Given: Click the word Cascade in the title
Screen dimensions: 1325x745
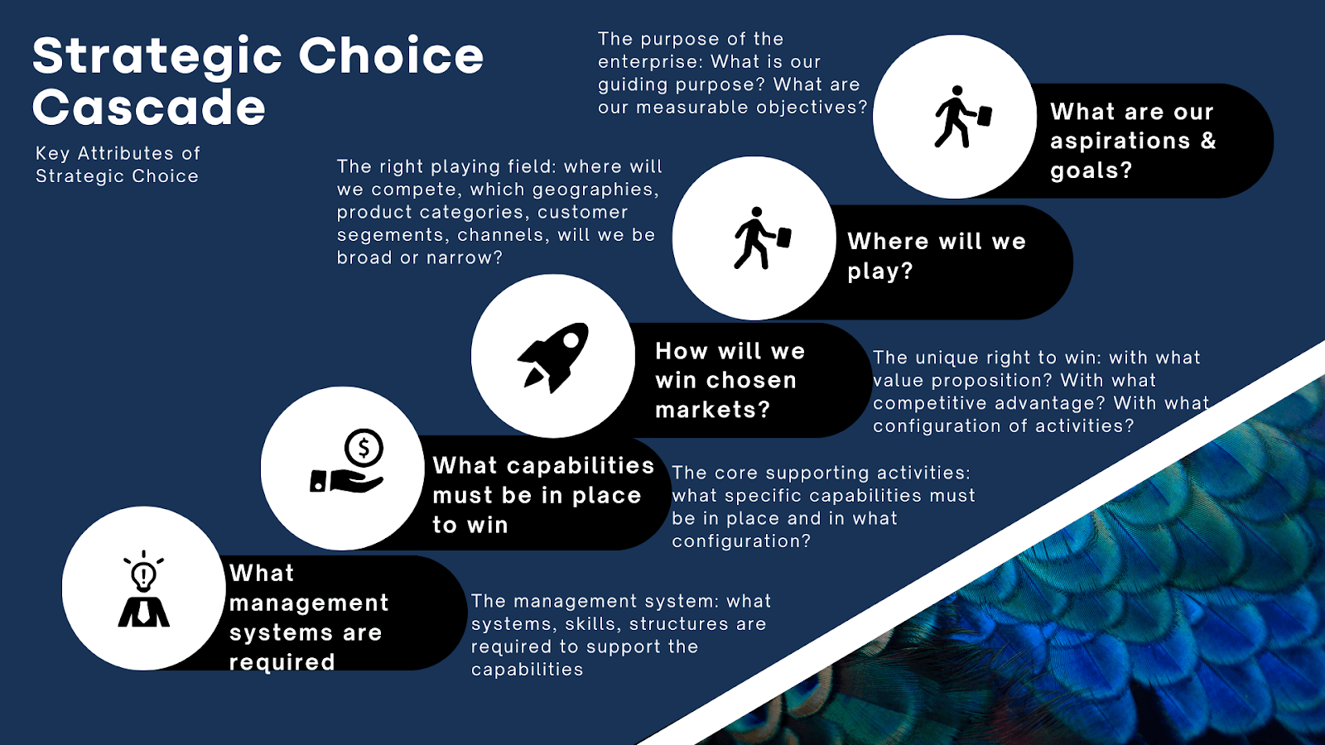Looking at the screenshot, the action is coord(148,107).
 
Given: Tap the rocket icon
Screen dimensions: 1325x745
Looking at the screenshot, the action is coord(553,357).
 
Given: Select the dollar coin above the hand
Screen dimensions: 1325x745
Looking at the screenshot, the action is coord(364,448).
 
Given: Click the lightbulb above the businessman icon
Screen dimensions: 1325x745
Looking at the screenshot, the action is coord(143,572).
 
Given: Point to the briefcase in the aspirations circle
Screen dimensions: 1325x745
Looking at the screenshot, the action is coord(984,116).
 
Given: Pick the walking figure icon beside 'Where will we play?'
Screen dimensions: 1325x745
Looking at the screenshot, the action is coord(763,238).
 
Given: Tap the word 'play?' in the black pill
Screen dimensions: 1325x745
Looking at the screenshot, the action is coord(880,272).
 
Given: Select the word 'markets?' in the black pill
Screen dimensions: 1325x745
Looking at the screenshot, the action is coord(713,409).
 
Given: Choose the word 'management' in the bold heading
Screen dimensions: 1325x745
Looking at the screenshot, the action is coord(309,603).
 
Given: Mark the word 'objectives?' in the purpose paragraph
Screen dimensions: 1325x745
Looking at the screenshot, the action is coord(812,107).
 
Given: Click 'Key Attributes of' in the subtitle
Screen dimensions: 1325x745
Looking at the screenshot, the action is coord(118,154).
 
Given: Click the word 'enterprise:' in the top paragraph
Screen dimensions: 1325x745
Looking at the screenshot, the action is coord(651,62).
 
